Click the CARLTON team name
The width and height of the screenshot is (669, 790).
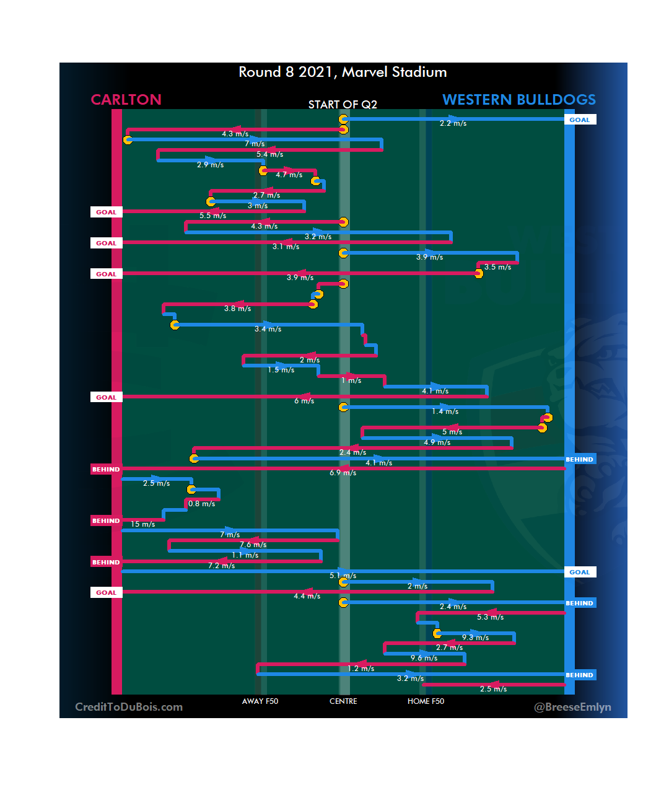click(x=126, y=100)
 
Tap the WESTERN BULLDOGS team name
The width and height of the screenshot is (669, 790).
click(x=519, y=100)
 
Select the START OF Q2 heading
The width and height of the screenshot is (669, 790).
click(x=343, y=104)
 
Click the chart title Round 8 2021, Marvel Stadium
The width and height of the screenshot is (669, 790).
click(x=343, y=72)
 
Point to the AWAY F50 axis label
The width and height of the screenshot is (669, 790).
click(x=260, y=701)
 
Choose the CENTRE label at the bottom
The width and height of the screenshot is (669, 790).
click(x=343, y=701)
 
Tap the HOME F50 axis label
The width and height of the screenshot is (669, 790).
click(x=426, y=701)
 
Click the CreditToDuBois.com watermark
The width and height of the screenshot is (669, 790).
click(x=129, y=707)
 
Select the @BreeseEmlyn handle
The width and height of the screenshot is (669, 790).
click(x=572, y=707)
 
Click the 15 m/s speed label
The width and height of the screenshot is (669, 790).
click(x=143, y=524)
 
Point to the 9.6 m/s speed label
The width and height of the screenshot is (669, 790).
click(x=424, y=658)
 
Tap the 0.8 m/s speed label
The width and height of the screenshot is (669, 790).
click(x=202, y=504)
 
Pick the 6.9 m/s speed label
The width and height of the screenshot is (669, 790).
click(x=343, y=473)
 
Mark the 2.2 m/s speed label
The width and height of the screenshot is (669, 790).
click(x=453, y=123)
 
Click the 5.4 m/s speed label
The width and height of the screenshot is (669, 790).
click(x=270, y=154)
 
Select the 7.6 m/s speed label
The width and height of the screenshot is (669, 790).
click(x=253, y=545)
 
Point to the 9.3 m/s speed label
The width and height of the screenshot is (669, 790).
click(x=476, y=638)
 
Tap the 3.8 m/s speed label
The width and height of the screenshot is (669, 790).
click(x=238, y=309)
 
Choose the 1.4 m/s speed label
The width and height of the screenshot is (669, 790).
click(x=445, y=411)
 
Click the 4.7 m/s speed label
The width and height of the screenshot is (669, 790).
click(x=289, y=175)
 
